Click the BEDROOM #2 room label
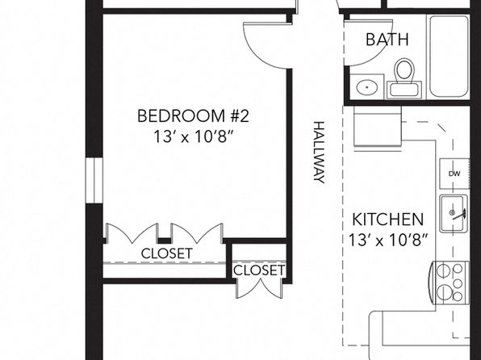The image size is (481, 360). [x=193, y=116]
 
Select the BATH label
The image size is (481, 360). [x=387, y=40]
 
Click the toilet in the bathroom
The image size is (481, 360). [x=404, y=78]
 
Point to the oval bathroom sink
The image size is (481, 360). [x=367, y=87]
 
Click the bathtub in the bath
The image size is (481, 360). [x=449, y=57]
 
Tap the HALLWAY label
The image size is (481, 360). [x=319, y=153]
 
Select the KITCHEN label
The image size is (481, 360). [x=387, y=220]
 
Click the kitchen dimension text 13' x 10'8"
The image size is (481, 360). [x=387, y=240]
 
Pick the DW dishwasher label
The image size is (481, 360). [x=454, y=174]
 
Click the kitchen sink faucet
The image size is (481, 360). [x=458, y=214]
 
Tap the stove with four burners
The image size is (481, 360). [x=450, y=283]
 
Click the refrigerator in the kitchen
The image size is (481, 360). [x=378, y=127]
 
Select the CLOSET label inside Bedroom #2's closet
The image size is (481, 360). [x=167, y=253]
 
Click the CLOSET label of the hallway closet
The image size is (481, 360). [x=259, y=270]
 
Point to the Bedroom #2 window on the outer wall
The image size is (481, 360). [x=94, y=180]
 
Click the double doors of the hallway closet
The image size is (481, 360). [x=260, y=288]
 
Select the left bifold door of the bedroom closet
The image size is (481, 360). [x=132, y=233]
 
